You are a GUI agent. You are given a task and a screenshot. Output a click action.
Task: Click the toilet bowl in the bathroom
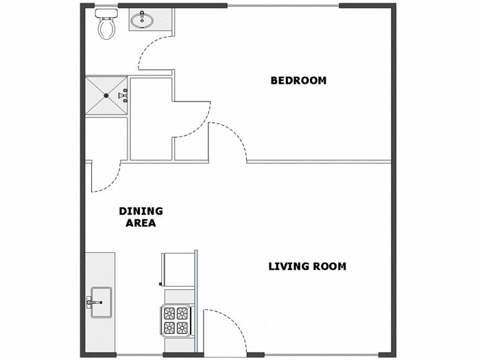click(106, 28)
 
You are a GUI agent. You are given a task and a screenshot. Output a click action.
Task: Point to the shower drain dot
click(105, 96)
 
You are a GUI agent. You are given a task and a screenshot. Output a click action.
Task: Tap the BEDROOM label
click(298, 80)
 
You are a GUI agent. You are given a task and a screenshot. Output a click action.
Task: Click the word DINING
click(141, 211)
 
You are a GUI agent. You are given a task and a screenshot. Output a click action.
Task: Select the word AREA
click(141, 223)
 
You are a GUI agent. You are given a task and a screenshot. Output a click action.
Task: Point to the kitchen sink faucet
click(91, 301)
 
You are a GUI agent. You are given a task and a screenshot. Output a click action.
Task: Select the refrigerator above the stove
click(178, 269)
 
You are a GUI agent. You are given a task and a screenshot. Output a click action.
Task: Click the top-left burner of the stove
click(169, 313)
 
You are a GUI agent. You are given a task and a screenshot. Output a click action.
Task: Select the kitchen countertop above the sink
click(99, 267)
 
